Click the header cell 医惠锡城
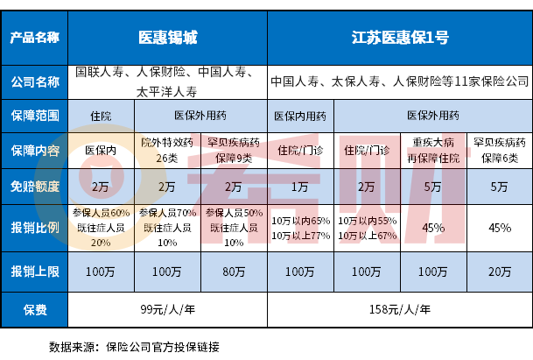(168, 39)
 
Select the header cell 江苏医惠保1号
(399, 39)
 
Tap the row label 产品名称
(34, 39)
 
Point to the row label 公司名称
(34, 82)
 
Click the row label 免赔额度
(34, 186)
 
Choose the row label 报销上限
(34, 270)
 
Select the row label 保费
(34, 309)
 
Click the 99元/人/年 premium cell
(168, 309)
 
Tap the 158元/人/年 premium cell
(399, 309)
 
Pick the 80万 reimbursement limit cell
(234, 270)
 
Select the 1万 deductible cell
(300, 186)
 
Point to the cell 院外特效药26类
(166, 148)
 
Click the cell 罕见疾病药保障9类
(234, 148)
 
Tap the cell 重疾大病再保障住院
(432, 148)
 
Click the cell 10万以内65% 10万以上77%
(300, 228)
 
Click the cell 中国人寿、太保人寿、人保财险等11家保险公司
(399, 82)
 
